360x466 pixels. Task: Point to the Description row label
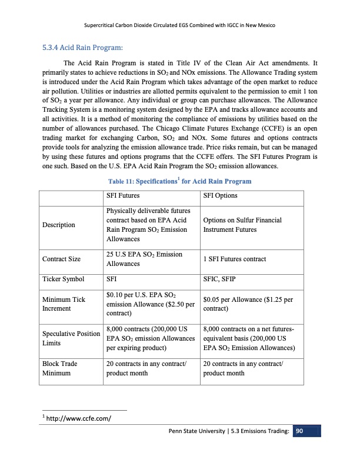58,225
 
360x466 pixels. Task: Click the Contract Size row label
61,259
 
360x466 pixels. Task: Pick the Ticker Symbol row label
64,279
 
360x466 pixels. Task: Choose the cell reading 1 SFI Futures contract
234,259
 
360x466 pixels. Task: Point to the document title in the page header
180,26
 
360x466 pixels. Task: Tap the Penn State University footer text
229,432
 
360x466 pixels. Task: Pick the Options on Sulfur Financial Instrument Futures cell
242,225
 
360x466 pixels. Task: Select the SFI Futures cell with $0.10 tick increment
150,304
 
